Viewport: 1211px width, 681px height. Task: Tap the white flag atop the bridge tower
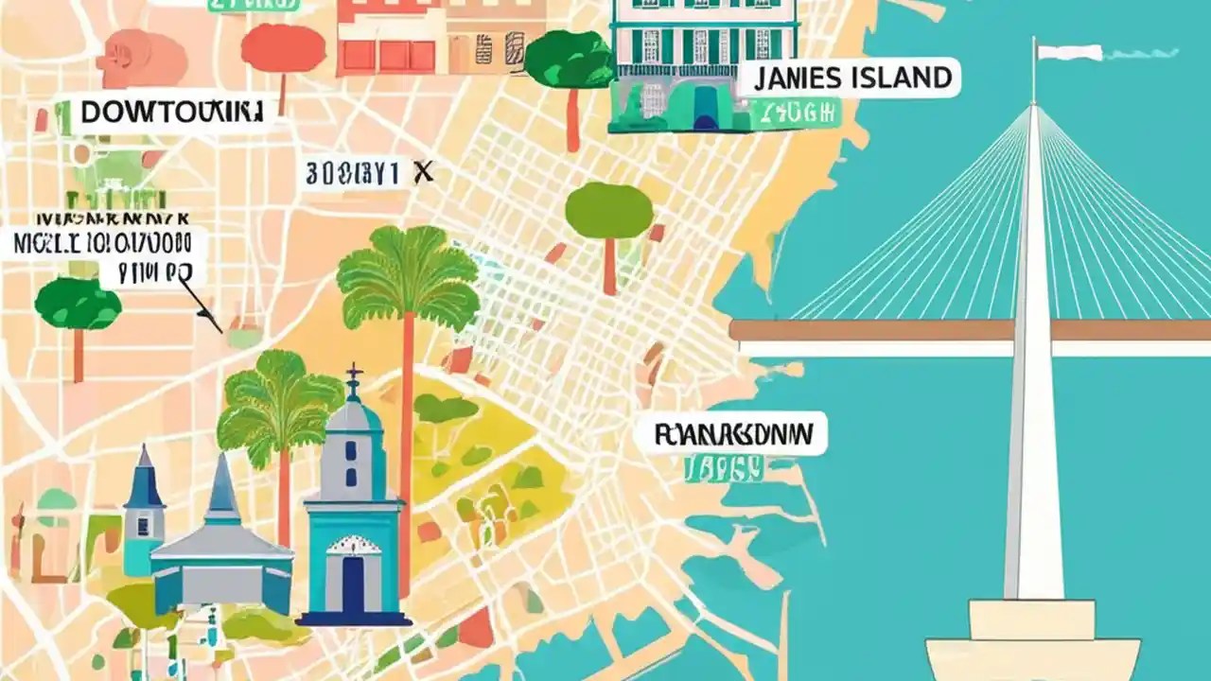[1069, 52]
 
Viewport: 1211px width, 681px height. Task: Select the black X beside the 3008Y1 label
[424, 171]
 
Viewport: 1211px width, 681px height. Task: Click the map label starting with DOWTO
[170, 113]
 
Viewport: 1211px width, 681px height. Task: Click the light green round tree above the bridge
[609, 210]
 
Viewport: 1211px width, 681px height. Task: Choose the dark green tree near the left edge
[78, 306]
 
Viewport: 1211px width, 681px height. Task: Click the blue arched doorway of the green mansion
[706, 109]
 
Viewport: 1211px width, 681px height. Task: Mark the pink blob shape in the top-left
[142, 57]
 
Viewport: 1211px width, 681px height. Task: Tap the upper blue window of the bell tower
[351, 450]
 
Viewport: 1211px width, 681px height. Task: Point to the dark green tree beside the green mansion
[570, 59]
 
